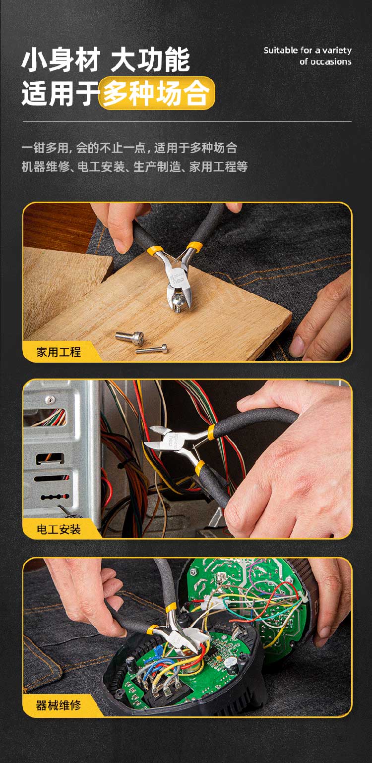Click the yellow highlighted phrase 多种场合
[156, 93]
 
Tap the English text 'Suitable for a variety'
[308, 51]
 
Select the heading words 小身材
[61, 60]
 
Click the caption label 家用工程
[59, 352]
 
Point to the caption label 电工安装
[59, 529]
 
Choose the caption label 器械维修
[59, 705]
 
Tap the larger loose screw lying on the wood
[129, 337]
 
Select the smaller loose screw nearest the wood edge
[152, 349]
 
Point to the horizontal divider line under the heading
[187, 121]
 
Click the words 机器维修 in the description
[45, 167]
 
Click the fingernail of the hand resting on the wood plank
[296, 345]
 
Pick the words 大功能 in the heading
[150, 60]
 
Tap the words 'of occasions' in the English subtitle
[326, 61]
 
